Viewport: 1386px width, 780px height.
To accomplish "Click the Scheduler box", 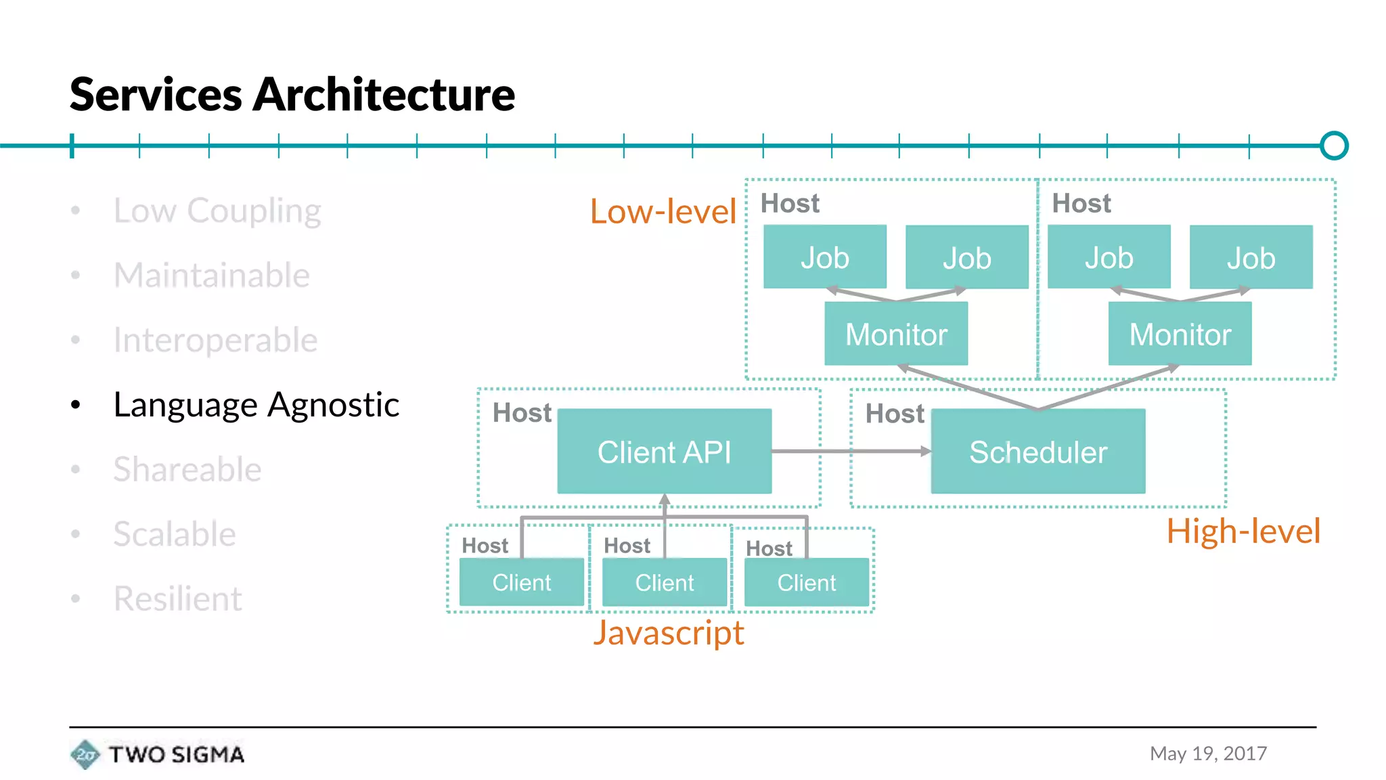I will (1037, 452).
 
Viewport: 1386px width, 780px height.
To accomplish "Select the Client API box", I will (664, 452).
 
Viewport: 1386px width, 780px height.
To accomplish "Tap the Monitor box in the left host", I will (895, 334).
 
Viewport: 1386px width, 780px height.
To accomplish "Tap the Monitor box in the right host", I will (1180, 334).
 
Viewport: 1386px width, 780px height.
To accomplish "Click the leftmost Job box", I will (824, 257).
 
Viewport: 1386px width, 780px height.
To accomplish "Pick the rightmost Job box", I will (1251, 257).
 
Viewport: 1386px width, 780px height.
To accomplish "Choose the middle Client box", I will (664, 582).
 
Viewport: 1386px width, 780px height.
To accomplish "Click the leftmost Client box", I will (521, 582).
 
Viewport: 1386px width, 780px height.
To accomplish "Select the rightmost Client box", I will (806, 582).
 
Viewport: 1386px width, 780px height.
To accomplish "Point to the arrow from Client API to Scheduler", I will (851, 451).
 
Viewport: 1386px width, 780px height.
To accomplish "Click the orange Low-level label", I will (663, 211).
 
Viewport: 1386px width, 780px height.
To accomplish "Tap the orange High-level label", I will (1243, 531).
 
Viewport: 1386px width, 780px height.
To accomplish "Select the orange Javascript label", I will (668, 633).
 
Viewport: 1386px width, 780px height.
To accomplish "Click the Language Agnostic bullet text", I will (256, 405).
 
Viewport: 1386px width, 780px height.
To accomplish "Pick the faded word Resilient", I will (177, 599).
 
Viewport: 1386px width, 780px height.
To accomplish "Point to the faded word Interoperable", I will (215, 340).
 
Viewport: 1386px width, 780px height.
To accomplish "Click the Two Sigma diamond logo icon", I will (85, 754).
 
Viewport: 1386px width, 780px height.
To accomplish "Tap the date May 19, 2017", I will (1208, 754).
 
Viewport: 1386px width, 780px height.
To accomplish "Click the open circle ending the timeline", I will (1333, 146).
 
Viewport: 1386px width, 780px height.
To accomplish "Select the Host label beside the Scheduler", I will (894, 414).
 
